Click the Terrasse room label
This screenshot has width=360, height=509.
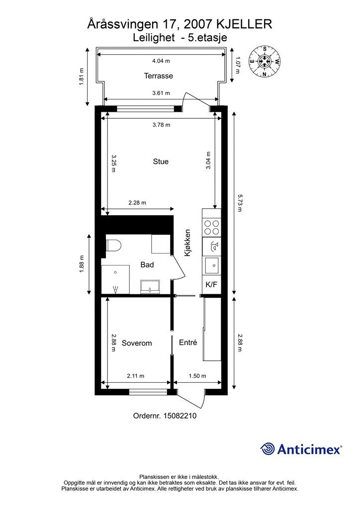point(159,76)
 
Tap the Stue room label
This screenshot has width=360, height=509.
point(161,162)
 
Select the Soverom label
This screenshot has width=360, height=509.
point(137,343)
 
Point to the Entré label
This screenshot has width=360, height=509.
point(188,342)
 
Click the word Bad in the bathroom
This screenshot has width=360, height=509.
point(147,264)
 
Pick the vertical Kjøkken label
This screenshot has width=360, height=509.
point(187,243)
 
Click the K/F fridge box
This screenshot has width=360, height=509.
point(211,285)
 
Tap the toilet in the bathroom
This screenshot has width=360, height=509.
point(113,246)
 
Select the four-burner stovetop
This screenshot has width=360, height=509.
point(211,227)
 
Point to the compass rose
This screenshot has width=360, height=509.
point(265,61)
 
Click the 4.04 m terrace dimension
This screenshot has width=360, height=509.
point(161,61)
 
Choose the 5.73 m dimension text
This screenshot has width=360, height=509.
point(240,203)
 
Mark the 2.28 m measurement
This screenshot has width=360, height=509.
point(137,203)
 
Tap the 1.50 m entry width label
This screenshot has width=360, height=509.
point(197,376)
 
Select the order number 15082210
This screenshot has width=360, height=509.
point(180,416)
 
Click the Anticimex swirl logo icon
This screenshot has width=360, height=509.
point(267,449)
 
